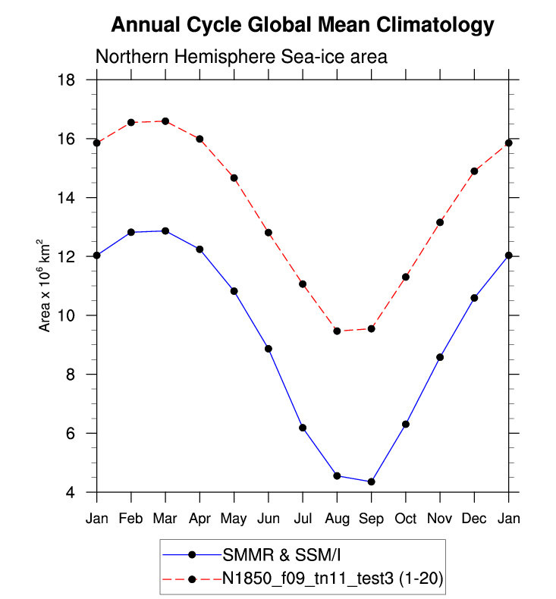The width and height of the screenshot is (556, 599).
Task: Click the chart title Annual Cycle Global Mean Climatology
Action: pyautogui.click(x=302, y=26)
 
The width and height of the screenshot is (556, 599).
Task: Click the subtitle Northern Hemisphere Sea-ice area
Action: pyautogui.click(x=241, y=57)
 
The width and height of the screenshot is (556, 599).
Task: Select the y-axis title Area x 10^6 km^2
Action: pyautogui.click(x=46, y=286)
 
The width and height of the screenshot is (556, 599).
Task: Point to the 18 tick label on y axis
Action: pyautogui.click(x=75, y=80)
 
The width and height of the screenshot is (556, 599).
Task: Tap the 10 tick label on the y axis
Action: pyautogui.click(x=75, y=316)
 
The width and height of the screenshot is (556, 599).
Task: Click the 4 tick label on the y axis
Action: pyautogui.click(x=80, y=493)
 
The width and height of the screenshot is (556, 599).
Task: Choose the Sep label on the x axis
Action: pyautogui.click(x=371, y=519)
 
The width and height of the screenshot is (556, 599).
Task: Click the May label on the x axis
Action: pyautogui.click(x=234, y=519)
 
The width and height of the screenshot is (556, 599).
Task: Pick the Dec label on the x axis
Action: pyautogui.click(x=474, y=519)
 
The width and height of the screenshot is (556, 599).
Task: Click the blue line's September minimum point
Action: pyautogui.click(x=371, y=481)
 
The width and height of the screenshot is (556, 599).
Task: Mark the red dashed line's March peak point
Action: pyautogui.click(x=165, y=121)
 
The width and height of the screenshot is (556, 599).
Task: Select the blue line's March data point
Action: pyautogui.click(x=165, y=231)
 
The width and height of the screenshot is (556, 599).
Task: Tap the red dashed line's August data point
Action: pyautogui.click(x=337, y=331)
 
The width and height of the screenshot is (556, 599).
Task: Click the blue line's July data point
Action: pyautogui.click(x=303, y=428)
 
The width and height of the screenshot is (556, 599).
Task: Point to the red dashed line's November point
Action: pyautogui.click(x=440, y=222)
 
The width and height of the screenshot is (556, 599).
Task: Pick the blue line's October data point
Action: pyautogui.click(x=406, y=424)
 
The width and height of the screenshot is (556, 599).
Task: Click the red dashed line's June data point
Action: pyautogui.click(x=269, y=232)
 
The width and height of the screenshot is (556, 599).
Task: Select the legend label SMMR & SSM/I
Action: pyautogui.click(x=266, y=554)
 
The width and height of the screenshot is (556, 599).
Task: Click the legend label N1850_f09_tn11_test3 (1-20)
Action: pyautogui.click(x=332, y=579)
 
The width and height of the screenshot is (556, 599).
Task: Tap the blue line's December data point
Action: pyautogui.click(x=474, y=298)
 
